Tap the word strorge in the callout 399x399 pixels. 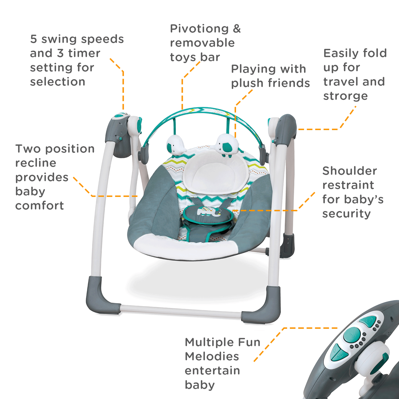[345, 96]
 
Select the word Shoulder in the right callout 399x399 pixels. [350, 171]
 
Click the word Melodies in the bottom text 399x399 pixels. [212, 356]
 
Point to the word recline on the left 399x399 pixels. [36, 163]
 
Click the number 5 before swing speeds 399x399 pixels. [33, 39]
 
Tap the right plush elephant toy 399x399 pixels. [227, 145]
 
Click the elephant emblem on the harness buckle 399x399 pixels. [209, 212]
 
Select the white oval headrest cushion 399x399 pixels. [215, 173]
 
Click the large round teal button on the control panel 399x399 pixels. [352, 335]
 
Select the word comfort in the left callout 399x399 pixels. [39, 206]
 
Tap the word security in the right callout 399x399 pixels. [346, 214]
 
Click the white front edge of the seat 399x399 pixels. [185, 247]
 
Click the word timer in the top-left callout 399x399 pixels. [84, 53]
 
